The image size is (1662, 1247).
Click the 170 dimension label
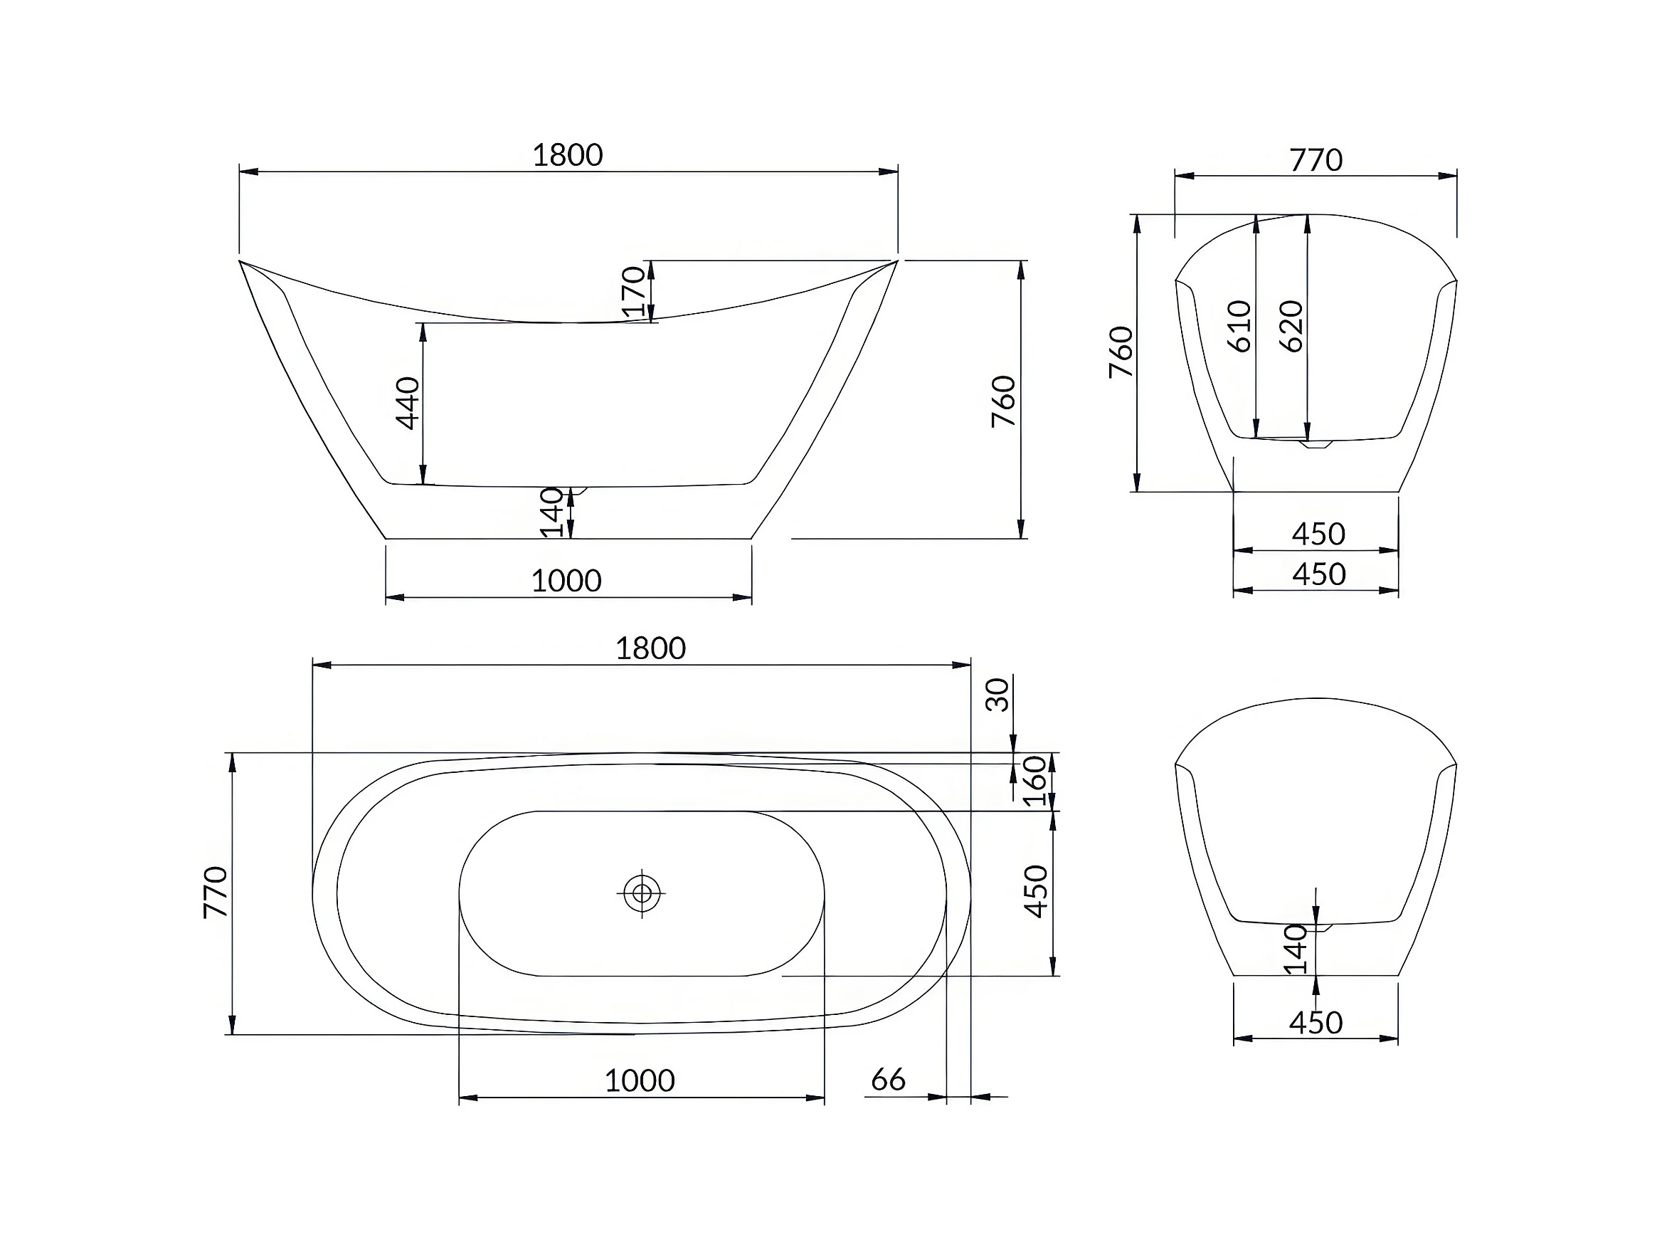pyautogui.click(x=633, y=292)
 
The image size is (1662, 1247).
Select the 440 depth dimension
pyautogui.click(x=407, y=403)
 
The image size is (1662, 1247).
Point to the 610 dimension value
pyautogui.click(x=1239, y=326)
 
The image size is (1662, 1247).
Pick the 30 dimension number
pyautogui.click(x=997, y=695)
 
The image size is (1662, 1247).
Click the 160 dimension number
pyautogui.click(x=1035, y=781)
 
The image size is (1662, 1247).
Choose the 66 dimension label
pyautogui.click(x=888, y=1080)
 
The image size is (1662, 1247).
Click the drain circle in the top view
pyautogui.click(x=642, y=893)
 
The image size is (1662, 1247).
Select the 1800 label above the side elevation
pyautogui.click(x=567, y=156)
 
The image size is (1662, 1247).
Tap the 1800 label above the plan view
pyautogui.click(x=651, y=648)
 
